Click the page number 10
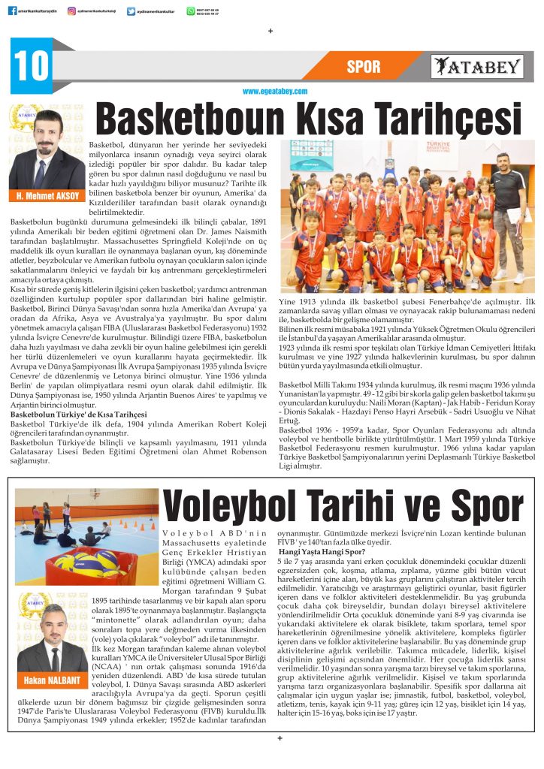[30, 66]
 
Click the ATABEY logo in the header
[478, 67]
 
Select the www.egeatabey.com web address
[275, 92]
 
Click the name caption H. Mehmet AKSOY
[46, 197]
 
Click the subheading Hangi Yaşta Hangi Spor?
[320, 551]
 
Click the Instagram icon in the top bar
[71, 11]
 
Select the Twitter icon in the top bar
[131, 11]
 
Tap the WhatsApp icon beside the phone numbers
[191, 11]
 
